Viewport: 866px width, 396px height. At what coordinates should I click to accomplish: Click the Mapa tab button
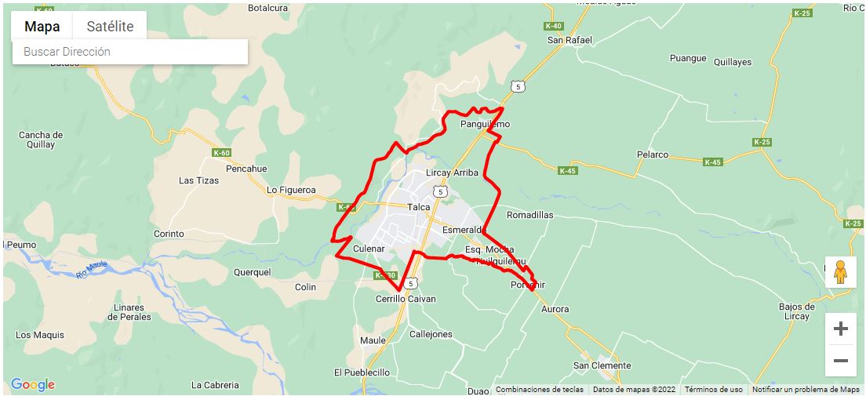(x=42, y=26)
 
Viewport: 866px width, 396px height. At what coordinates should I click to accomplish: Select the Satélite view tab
(x=110, y=26)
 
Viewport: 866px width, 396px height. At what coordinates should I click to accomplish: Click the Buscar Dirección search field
(x=129, y=52)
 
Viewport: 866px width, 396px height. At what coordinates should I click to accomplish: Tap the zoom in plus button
(x=840, y=329)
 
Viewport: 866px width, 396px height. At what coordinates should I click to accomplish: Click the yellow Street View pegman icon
(x=840, y=271)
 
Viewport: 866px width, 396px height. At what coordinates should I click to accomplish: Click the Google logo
(x=33, y=384)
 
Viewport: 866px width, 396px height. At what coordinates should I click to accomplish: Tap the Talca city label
(x=419, y=207)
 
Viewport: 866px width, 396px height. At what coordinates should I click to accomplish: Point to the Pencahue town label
(x=246, y=169)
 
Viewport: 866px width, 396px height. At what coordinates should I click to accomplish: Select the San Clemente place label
(x=602, y=365)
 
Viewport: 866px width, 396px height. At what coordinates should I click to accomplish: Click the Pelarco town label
(x=652, y=154)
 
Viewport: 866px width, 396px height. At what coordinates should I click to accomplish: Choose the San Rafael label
(x=569, y=40)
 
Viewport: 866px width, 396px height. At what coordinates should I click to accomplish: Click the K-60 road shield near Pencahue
(x=222, y=153)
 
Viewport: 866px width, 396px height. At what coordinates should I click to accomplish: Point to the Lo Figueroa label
(x=291, y=190)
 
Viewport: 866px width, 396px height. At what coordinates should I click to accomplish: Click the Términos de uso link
(x=713, y=389)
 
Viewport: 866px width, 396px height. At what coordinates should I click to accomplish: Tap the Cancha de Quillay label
(x=40, y=140)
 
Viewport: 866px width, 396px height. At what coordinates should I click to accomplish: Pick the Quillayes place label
(x=733, y=62)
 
